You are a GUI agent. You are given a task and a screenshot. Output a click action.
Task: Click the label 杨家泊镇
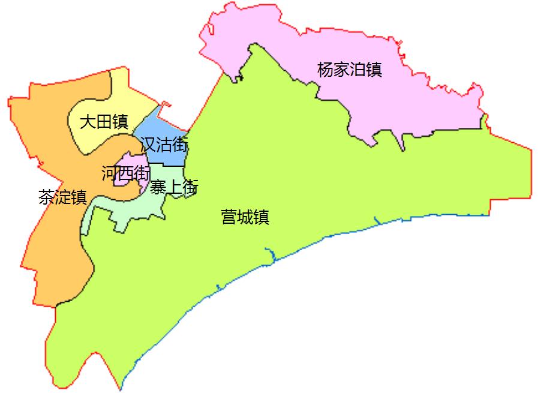350,70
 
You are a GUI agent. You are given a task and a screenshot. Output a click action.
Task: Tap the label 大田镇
104,122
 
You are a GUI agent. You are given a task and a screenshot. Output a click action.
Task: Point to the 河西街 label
125,174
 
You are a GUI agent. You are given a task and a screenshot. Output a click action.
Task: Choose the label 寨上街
174,188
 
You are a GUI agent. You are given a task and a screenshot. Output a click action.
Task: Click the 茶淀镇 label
62,197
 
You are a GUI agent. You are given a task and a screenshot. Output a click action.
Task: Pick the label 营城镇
245,217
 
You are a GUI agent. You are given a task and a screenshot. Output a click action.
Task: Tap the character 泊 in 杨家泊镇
358,70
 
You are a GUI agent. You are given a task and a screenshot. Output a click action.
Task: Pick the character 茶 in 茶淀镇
46,197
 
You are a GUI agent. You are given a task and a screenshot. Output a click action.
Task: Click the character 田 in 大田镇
104,122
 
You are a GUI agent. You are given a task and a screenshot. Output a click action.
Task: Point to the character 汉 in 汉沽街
148,145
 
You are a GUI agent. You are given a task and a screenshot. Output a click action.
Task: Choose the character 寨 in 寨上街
158,188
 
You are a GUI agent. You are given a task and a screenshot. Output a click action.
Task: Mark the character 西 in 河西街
125,174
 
